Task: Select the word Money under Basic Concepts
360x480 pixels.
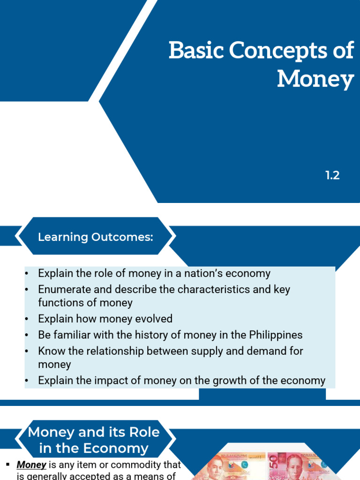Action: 315,79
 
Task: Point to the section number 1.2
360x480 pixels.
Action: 332,176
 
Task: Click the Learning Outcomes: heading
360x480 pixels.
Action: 96,237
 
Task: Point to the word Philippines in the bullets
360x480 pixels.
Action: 276,335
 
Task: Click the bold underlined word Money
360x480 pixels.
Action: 31,465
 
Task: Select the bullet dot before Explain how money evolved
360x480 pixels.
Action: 27,319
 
